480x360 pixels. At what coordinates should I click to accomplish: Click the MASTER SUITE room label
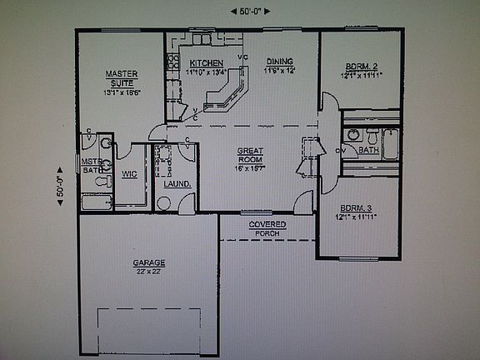click(121, 77)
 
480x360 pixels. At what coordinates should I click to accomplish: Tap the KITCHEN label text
click(206, 63)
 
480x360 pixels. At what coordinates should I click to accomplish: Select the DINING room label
click(280, 62)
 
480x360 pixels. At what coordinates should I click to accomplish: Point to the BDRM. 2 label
click(362, 67)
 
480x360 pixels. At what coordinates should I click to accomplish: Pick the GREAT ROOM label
click(250, 155)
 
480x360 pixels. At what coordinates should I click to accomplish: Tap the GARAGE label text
click(149, 262)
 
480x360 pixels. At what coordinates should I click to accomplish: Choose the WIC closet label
click(129, 174)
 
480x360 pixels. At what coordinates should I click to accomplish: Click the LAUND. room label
click(177, 183)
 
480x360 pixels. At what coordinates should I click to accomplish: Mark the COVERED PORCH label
click(267, 229)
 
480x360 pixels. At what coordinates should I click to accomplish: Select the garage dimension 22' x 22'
click(149, 272)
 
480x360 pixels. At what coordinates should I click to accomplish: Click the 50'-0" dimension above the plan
click(246, 11)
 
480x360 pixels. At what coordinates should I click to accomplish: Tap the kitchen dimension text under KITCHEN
click(206, 72)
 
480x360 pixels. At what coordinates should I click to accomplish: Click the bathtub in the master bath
click(96, 202)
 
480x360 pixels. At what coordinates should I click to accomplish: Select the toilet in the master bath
click(104, 179)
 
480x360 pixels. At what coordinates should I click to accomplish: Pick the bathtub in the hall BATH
click(389, 145)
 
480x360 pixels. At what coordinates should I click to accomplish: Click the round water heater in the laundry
click(163, 203)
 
